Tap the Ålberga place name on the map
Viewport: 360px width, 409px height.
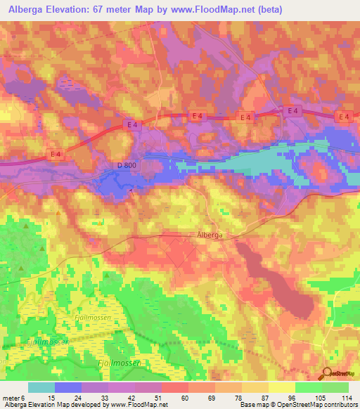(208, 237)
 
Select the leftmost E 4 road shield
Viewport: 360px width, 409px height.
(57, 154)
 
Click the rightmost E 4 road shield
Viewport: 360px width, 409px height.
(344, 116)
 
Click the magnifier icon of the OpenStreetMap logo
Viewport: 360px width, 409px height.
(326, 374)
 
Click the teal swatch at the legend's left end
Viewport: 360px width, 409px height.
(41, 387)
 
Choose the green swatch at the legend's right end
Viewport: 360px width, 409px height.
(335, 387)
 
